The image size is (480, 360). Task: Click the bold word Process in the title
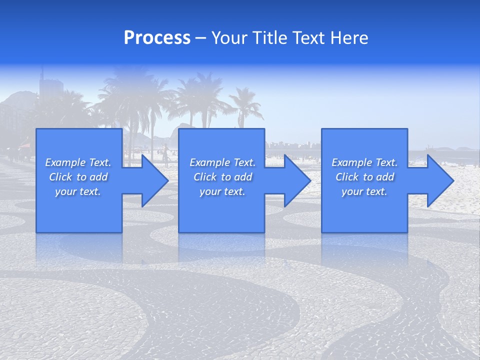click(x=157, y=38)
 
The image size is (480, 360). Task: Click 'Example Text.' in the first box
click(x=78, y=162)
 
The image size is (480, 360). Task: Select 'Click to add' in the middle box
click(x=222, y=177)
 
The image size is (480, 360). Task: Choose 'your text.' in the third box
click(x=364, y=191)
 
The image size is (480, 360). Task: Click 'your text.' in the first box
click(x=78, y=191)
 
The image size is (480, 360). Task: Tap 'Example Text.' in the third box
click(x=364, y=162)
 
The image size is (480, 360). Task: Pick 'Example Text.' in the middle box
click(x=222, y=162)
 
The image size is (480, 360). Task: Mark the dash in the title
click(x=200, y=38)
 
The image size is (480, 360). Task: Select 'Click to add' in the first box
click(x=78, y=177)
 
